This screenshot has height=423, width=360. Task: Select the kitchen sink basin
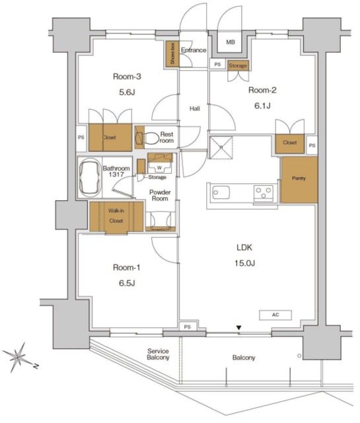click(x=221, y=192)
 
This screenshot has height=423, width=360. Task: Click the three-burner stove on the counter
click(x=264, y=193)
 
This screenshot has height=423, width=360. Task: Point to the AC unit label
click(x=275, y=315)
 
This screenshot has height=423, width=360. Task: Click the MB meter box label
click(x=231, y=42)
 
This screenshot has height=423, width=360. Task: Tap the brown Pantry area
click(x=299, y=179)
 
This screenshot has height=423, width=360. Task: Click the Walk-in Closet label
click(x=116, y=215)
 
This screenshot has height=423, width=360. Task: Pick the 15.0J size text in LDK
click(x=244, y=263)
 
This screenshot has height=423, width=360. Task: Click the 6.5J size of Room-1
click(x=126, y=283)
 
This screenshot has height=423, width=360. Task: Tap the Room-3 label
click(x=127, y=77)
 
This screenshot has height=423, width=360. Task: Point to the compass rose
click(x=18, y=357)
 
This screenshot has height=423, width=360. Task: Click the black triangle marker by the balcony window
click(x=238, y=328)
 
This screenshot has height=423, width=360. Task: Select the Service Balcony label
click(x=158, y=354)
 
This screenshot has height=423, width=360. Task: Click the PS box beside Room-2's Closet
click(x=312, y=145)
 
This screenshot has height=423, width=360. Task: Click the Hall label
click(x=194, y=108)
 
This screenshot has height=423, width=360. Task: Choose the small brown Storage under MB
click(x=238, y=65)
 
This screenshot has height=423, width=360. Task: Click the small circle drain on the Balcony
click(x=299, y=356)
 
